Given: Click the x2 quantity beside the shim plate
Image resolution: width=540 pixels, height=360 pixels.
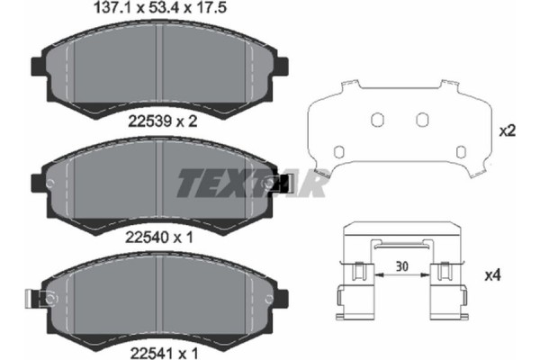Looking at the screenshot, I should point(506,130).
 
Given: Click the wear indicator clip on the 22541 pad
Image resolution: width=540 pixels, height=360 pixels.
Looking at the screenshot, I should point(41,298).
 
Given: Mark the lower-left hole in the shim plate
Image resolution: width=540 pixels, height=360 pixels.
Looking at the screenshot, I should point(338,150).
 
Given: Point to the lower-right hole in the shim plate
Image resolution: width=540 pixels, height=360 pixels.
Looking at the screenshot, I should point(461,150).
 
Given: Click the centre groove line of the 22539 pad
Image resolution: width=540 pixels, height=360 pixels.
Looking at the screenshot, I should point(158,67).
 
